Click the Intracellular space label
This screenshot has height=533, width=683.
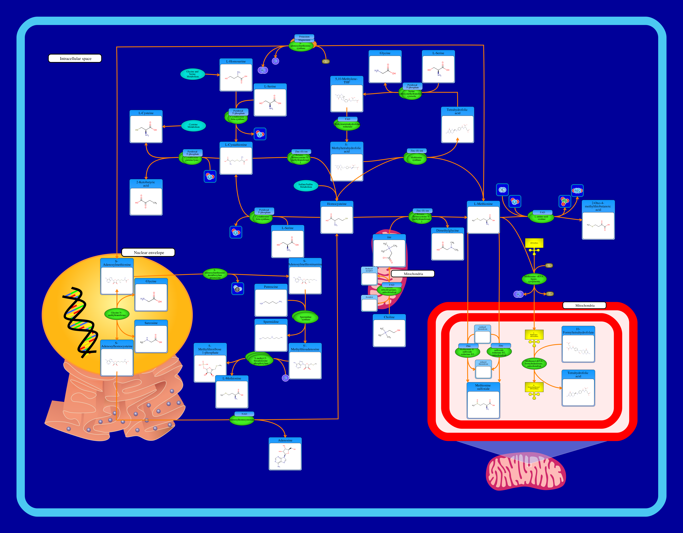[x=75, y=58]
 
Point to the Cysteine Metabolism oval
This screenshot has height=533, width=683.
[x=193, y=126]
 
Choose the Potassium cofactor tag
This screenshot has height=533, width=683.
[x=304, y=37]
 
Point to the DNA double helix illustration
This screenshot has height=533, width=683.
[x=79, y=322]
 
